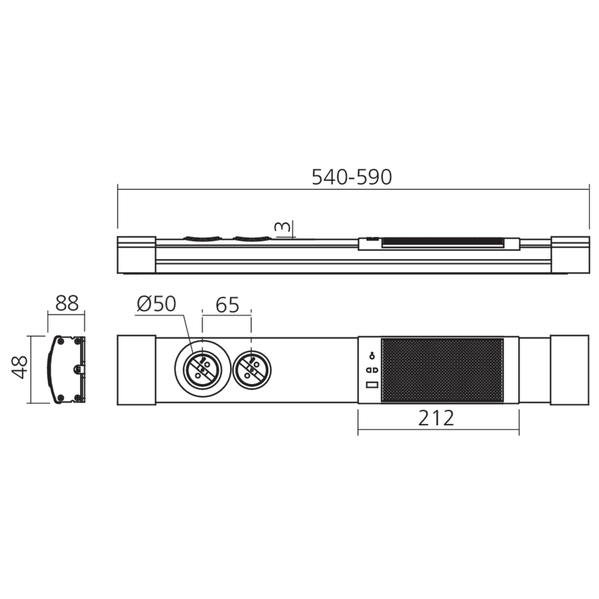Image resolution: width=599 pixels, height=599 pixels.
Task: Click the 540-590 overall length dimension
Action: point(352,177)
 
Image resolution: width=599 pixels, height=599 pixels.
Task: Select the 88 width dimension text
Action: point(66,304)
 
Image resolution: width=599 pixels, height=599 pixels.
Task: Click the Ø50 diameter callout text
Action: point(156,305)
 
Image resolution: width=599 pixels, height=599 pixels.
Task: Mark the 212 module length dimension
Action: point(437,418)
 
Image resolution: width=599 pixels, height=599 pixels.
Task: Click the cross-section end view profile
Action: point(66,368)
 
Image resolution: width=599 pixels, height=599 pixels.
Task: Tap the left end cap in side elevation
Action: point(137,253)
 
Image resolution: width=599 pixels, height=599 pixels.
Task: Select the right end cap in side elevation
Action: point(570,253)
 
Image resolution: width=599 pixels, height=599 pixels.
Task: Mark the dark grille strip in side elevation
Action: point(442,243)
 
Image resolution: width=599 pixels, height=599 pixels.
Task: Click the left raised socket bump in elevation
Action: point(202,238)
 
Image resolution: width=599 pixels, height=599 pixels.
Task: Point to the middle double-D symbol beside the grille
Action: point(371,370)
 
